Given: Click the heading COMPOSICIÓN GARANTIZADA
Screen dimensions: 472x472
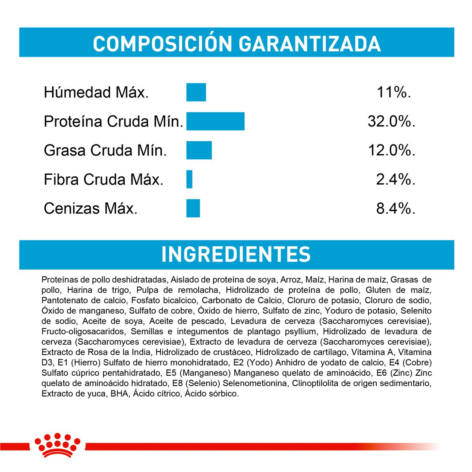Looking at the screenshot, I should pyautogui.click(x=236, y=43).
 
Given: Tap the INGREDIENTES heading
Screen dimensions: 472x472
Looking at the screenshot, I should pyautogui.click(x=236, y=255).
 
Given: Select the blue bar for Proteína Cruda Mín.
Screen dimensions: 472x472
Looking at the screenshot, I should pyautogui.click(x=215, y=121).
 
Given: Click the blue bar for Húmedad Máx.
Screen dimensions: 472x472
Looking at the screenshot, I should pyautogui.click(x=196, y=92).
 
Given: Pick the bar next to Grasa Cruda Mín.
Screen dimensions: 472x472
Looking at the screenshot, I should pyautogui.click(x=199, y=150).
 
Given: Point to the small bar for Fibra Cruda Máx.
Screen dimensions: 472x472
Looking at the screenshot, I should pyautogui.click(x=189, y=179).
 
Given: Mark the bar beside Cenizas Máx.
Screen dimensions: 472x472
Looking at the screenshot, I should pyautogui.click(x=193, y=208).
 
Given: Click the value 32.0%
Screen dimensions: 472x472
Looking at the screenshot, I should pyautogui.click(x=391, y=122).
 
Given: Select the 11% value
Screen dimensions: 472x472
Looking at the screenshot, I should pyautogui.click(x=393, y=92).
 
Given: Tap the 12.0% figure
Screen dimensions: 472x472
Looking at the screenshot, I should pyautogui.click(x=391, y=151).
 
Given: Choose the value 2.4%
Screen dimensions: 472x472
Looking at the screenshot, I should pyautogui.click(x=395, y=179).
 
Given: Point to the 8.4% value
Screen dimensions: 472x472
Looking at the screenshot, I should pyautogui.click(x=395, y=209).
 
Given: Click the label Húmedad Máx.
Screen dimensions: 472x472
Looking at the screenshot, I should pyautogui.click(x=96, y=92).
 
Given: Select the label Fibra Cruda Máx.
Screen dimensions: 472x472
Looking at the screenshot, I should pyautogui.click(x=104, y=179).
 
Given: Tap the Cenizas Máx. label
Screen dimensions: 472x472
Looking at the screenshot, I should pyautogui.click(x=91, y=209).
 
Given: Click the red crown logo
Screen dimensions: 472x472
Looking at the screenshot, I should pyautogui.click(x=57, y=444).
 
